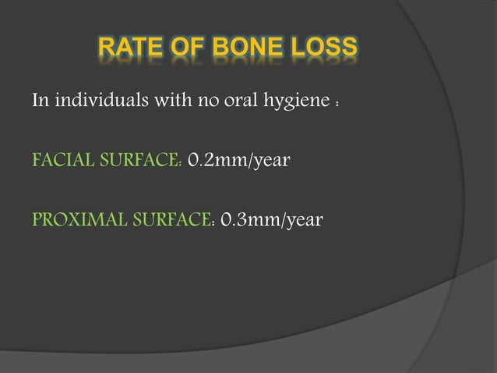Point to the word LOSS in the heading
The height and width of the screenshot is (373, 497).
click(324, 51)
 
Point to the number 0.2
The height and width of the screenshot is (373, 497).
click(204, 162)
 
